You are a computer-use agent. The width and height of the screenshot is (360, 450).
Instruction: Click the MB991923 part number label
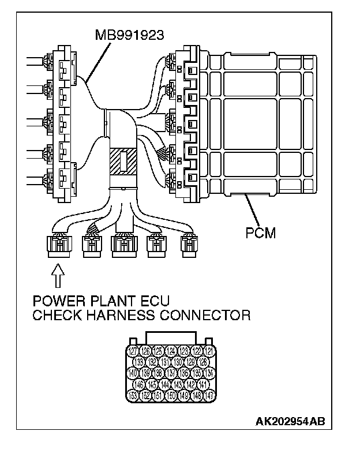(x=130, y=35)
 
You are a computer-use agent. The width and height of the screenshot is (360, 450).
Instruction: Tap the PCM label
(x=260, y=234)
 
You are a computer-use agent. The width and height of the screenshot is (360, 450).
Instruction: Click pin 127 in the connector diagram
(x=133, y=350)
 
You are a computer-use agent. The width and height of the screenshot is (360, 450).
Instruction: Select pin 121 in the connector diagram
(x=211, y=350)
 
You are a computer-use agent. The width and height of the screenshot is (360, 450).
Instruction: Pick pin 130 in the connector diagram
(x=178, y=362)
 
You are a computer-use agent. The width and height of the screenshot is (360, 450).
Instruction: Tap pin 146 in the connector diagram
(x=139, y=384)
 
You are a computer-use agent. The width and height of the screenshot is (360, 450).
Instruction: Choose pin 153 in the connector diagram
(x=133, y=395)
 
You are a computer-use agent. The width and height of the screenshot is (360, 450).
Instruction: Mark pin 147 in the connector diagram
(x=211, y=395)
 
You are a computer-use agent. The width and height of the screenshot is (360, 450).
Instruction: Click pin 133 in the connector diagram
(x=139, y=362)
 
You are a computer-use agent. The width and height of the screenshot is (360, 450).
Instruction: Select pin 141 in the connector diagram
(x=204, y=384)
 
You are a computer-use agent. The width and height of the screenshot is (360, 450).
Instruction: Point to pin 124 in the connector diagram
(x=171, y=350)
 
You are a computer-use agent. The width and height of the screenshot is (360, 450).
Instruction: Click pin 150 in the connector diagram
(x=171, y=395)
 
